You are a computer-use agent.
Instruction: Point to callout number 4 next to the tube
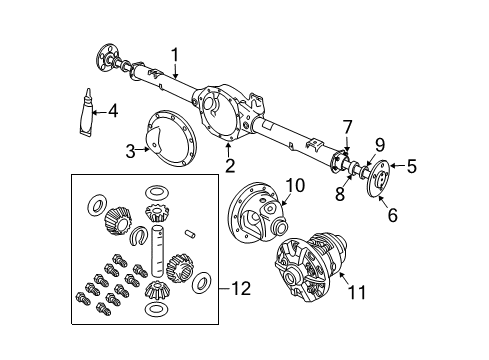pos(113,110)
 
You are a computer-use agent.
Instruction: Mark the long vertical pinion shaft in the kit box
pos(157,263)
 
